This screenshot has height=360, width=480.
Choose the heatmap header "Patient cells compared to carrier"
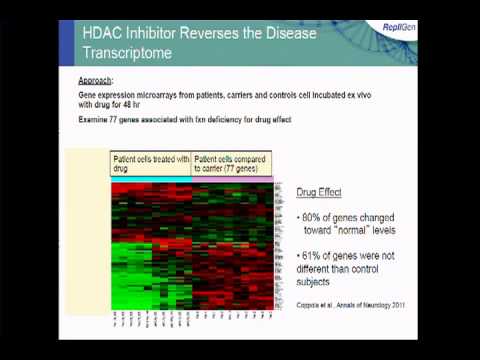click(232, 161)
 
